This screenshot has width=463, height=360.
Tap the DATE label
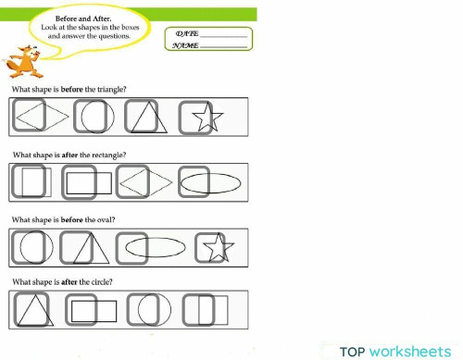pos(186,32)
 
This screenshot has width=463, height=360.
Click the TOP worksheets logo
pos(399,351)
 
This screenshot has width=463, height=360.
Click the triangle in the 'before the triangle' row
pos(144,118)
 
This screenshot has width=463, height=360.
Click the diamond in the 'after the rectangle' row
pos(144,182)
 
